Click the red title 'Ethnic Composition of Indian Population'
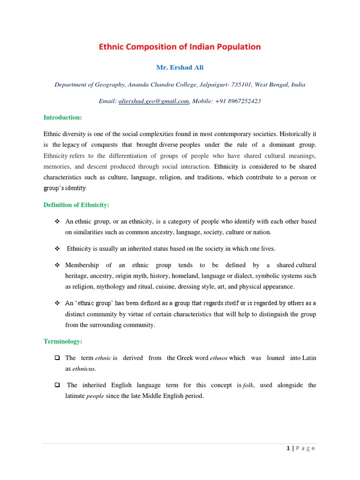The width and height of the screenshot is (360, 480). (180, 47)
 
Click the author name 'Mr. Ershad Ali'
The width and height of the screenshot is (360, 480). (180, 68)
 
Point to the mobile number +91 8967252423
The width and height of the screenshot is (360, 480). (238, 101)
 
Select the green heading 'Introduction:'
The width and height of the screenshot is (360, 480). (62, 117)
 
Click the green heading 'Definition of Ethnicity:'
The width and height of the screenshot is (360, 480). (76, 205)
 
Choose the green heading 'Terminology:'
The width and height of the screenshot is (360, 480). (62, 342)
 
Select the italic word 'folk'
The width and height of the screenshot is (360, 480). (248, 385)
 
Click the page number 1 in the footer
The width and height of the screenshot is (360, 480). (287, 448)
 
